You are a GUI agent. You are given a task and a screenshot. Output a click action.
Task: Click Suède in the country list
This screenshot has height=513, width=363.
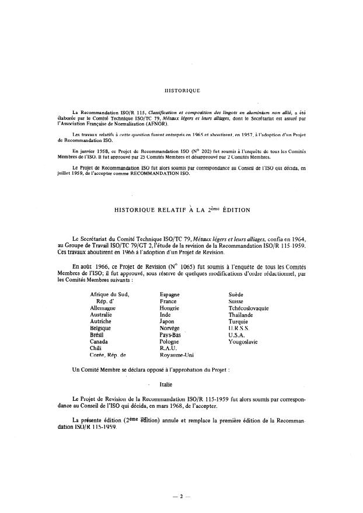pyautogui.click(x=238, y=294)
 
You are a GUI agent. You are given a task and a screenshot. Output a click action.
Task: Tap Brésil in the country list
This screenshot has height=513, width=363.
pyautogui.click(x=97, y=335)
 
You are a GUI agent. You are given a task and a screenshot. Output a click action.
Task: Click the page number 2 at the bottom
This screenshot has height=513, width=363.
pyautogui.click(x=182, y=496)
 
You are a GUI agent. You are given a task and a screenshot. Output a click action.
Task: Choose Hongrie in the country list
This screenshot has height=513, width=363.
pyautogui.click(x=169, y=308)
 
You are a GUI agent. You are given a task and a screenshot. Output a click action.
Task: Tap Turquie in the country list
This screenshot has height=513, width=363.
pyautogui.click(x=239, y=321)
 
